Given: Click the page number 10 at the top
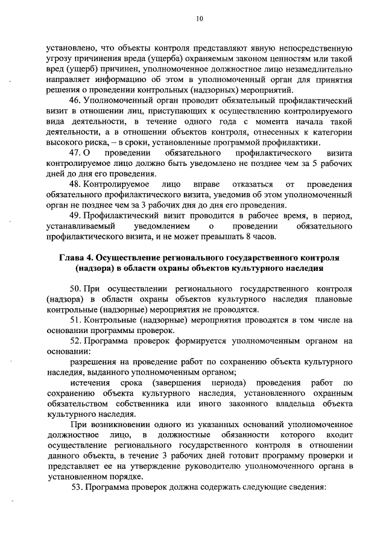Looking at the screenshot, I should pos(200,19).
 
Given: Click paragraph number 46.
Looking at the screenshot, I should pos(76,99).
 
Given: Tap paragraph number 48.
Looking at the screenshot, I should pos(76,183).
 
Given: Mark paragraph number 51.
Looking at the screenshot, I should pos(76,319).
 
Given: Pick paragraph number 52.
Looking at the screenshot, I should pos(76,341).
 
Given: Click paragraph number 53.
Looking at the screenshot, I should pos(76,487).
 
